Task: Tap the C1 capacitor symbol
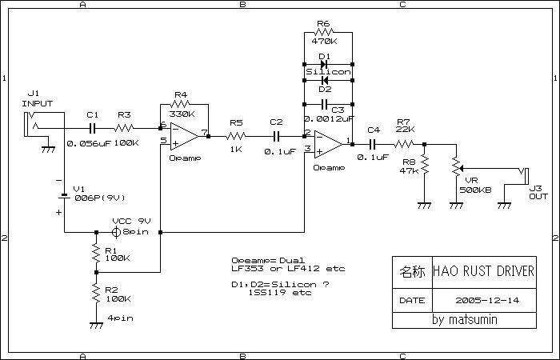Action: pyautogui.click(x=93, y=127)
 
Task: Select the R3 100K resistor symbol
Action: pyautogui.click(x=123, y=127)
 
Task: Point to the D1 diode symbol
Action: pyautogui.click(x=324, y=63)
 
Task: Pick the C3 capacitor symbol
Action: pyautogui.click(x=324, y=103)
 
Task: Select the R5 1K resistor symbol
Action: pyautogui.click(x=237, y=136)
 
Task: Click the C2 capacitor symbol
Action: pyautogui.click(x=276, y=136)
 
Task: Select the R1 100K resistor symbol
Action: pyautogui.click(x=96, y=253)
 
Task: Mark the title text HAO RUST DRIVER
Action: pyautogui.click(x=484, y=270)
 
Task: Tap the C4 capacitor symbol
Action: pyautogui.click(x=373, y=144)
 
